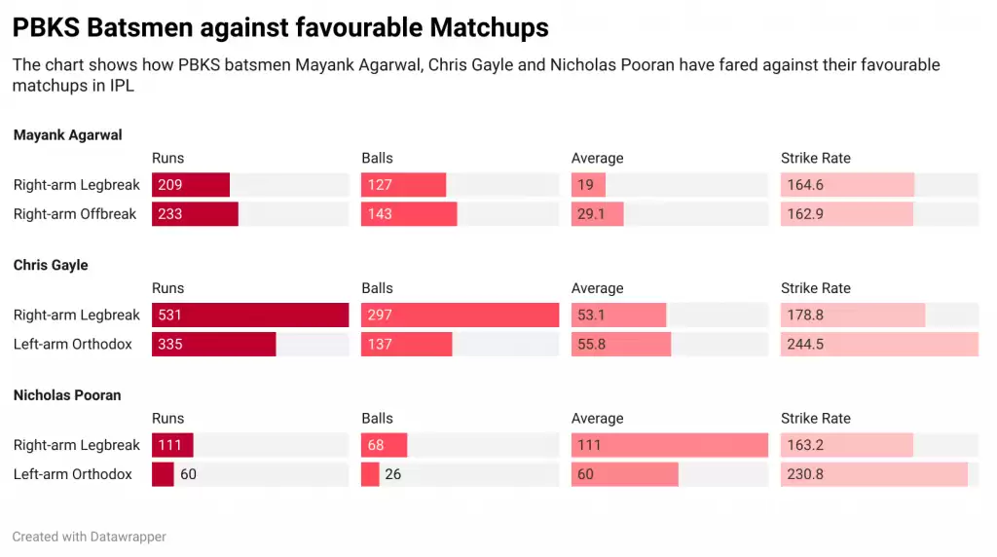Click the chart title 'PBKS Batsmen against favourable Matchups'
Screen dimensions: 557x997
click(x=280, y=28)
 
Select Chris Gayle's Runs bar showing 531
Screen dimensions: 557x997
click(x=250, y=316)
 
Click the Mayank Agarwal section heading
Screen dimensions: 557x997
click(x=68, y=135)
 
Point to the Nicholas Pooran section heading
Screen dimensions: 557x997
click(x=67, y=395)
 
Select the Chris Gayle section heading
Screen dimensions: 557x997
click(x=51, y=265)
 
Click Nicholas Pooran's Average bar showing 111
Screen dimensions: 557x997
click(x=669, y=445)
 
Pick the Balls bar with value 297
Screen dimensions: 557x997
click(x=460, y=316)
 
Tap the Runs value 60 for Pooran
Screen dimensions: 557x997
click(x=188, y=474)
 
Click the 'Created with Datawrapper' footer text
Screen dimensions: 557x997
click(x=89, y=537)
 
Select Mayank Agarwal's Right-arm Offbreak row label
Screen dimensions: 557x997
click(x=75, y=213)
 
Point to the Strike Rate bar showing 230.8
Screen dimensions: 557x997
click(x=873, y=474)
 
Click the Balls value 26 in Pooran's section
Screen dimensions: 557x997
click(x=393, y=474)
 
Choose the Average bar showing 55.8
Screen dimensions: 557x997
click(x=620, y=344)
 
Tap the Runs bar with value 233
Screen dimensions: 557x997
click(x=195, y=213)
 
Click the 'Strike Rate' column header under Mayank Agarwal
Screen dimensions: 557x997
click(x=815, y=158)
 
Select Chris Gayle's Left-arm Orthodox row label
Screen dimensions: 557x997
click(x=73, y=344)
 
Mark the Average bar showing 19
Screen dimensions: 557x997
click(x=588, y=185)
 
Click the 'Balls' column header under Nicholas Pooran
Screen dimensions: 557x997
click(x=377, y=418)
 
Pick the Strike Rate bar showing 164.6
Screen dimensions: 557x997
click(x=847, y=185)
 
